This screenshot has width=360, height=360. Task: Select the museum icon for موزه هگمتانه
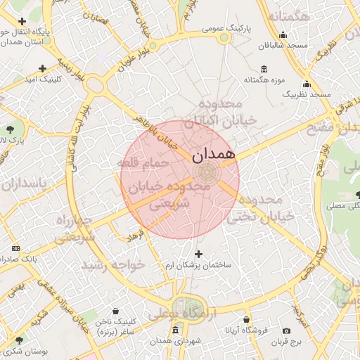coord(264,69)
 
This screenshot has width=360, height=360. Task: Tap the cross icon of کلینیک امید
coord(43,68)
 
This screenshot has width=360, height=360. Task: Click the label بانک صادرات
coord(28,259)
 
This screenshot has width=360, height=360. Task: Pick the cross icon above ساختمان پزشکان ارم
coord(198,254)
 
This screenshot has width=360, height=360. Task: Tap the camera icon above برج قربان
coord(286,331)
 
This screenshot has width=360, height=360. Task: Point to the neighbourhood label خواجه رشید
coord(112,264)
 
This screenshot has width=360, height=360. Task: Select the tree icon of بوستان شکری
coord(18,340)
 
